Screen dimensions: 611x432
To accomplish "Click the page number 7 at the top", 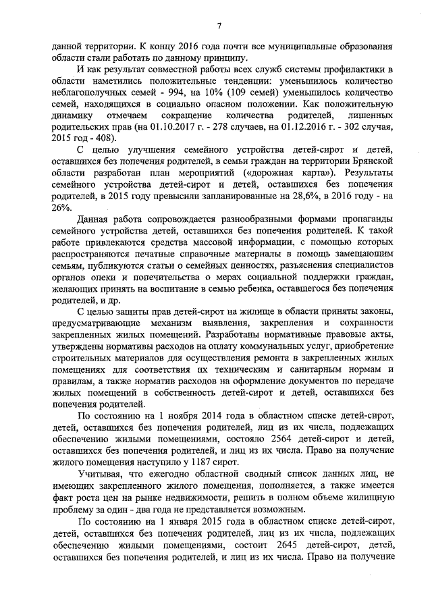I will [x=219, y=26].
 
